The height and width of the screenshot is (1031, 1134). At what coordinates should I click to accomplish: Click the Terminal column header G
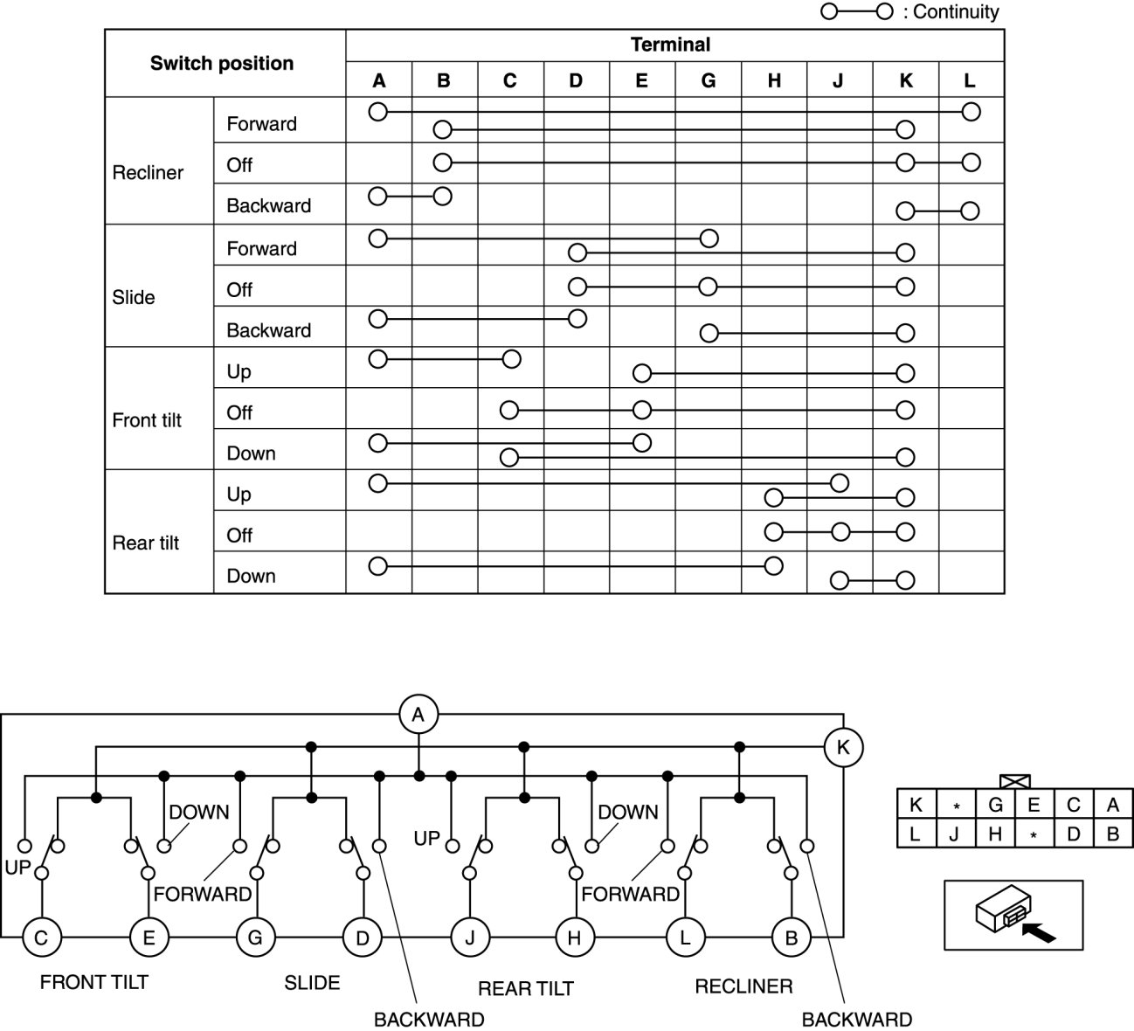click(708, 80)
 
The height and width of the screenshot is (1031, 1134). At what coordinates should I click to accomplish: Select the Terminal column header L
click(970, 80)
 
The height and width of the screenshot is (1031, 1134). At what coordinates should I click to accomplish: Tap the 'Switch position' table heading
click(222, 63)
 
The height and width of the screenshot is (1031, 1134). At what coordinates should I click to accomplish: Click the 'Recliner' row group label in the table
click(148, 173)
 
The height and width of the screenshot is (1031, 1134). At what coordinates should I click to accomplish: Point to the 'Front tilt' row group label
click(147, 420)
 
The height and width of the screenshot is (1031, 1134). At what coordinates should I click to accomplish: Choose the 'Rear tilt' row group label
click(146, 543)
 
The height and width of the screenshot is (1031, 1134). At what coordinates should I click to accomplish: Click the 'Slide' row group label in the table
click(134, 297)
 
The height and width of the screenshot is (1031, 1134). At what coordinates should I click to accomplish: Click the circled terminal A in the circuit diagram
click(418, 715)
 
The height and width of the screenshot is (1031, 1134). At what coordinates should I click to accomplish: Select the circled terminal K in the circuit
click(843, 747)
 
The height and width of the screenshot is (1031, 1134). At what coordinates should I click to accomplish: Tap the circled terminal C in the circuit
click(41, 938)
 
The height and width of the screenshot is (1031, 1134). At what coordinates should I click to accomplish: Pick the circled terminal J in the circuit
click(470, 938)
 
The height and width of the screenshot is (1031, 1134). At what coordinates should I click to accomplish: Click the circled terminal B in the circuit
click(792, 938)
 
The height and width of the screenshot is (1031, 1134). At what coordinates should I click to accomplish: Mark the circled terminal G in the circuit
click(255, 938)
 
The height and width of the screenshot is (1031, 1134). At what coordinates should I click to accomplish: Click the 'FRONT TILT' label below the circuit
click(94, 982)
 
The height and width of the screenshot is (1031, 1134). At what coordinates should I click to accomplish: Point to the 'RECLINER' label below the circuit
click(743, 986)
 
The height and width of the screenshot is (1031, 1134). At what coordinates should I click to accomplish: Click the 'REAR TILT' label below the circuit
click(526, 988)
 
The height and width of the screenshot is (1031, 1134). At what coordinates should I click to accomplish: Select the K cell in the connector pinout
click(916, 805)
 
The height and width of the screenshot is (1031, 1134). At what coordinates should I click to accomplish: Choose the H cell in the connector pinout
click(995, 834)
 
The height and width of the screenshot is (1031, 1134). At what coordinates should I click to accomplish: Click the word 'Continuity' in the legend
click(956, 12)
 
